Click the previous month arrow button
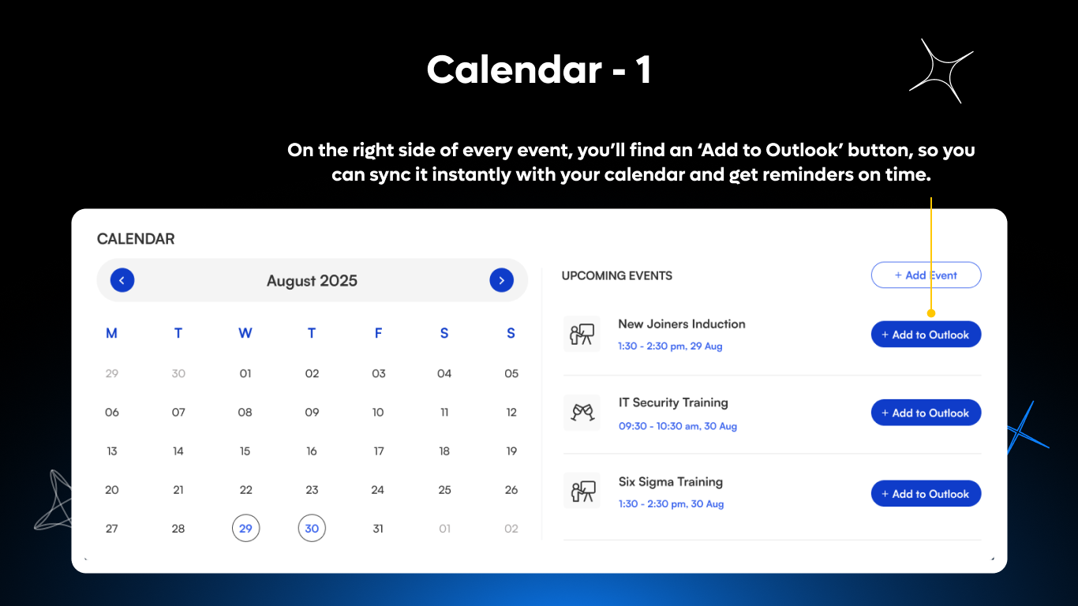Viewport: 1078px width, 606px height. click(x=122, y=280)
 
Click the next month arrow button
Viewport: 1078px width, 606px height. click(x=502, y=280)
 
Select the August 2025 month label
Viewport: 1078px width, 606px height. click(x=312, y=281)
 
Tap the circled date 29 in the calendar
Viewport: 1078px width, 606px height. click(x=245, y=528)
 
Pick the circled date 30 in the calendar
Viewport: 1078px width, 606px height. click(x=312, y=528)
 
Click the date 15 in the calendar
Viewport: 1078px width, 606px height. click(x=245, y=451)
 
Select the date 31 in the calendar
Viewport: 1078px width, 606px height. click(x=378, y=529)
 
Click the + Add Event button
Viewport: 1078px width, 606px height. click(x=926, y=275)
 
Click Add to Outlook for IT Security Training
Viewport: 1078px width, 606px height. click(x=926, y=413)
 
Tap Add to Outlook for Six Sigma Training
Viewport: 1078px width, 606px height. click(x=926, y=494)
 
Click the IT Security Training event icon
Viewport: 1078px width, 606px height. click(x=582, y=413)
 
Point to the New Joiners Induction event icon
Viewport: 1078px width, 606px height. click(x=582, y=335)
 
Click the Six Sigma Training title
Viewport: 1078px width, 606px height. click(x=670, y=481)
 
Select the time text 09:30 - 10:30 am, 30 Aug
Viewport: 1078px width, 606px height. click(x=677, y=426)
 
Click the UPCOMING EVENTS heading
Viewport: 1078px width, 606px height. click(x=616, y=276)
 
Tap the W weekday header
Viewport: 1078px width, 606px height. click(x=245, y=333)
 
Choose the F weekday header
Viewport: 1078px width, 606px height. click(x=378, y=333)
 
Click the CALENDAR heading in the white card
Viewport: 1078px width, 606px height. click(x=136, y=239)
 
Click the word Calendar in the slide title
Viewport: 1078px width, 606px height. click(x=514, y=70)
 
